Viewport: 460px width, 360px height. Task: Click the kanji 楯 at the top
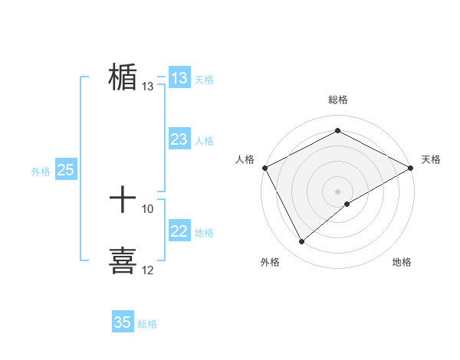click(123, 78)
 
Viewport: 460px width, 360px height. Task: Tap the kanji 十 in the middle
click(123, 201)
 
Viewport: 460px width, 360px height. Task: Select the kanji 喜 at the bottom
click(123, 260)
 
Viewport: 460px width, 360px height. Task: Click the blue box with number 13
click(179, 78)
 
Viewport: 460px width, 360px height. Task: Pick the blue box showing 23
click(179, 139)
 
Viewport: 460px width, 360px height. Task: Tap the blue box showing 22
click(179, 231)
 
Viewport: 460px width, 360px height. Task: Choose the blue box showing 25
click(65, 170)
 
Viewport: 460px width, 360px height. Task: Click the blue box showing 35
click(123, 322)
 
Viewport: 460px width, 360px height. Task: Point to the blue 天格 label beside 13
click(204, 80)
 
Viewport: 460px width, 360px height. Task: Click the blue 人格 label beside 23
click(204, 141)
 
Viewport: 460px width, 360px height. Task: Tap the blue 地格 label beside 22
click(204, 233)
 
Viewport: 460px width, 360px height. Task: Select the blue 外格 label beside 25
click(41, 172)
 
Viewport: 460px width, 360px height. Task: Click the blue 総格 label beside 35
click(147, 324)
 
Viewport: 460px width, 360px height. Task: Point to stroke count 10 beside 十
click(148, 208)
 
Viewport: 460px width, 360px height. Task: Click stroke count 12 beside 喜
click(148, 270)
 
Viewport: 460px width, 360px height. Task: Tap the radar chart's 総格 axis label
click(338, 100)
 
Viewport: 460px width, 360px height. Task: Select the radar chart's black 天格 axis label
click(431, 159)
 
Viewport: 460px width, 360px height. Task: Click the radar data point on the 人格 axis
click(264, 167)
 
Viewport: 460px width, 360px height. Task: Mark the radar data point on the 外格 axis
click(302, 242)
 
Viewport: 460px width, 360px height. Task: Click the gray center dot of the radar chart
click(338, 191)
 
